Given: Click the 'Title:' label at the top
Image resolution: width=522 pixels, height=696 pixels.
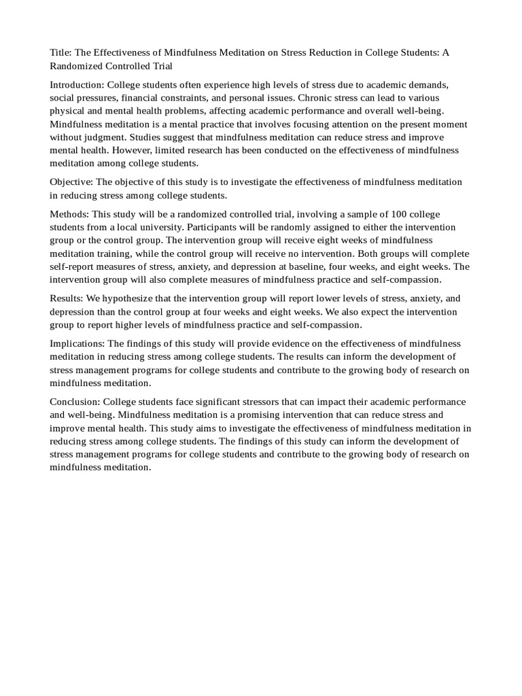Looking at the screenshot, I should [x=62, y=53].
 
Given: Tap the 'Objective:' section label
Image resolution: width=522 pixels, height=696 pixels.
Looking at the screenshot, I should [x=71, y=181].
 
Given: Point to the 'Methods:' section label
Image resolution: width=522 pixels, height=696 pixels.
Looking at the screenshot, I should [x=69, y=214].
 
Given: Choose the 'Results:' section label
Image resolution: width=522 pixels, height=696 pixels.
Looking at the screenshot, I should [x=67, y=298].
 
